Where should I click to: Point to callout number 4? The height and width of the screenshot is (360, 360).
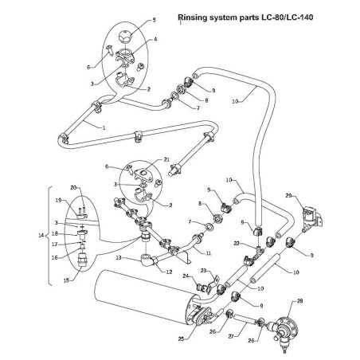[155, 39]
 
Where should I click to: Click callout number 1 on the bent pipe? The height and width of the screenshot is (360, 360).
[104, 127]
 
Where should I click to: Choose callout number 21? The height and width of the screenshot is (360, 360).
[166, 160]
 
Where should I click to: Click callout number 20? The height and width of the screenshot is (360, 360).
[72, 187]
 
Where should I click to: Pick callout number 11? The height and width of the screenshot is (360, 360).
[208, 252]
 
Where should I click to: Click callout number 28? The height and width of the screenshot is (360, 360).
[300, 302]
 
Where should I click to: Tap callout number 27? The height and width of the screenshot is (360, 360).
[231, 337]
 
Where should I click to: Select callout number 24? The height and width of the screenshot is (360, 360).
[185, 277]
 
